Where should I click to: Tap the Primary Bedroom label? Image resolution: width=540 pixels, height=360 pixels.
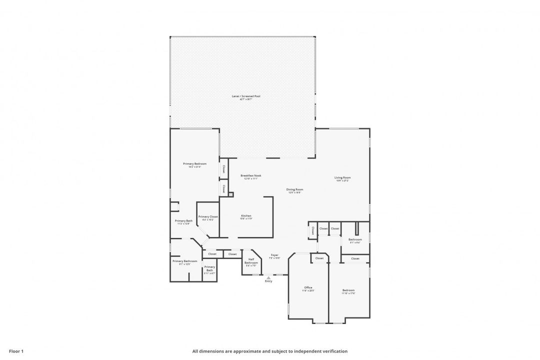[194, 163]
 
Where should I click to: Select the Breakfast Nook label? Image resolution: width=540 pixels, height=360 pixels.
[250, 175]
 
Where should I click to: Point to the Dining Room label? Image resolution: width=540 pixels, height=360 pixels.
[294, 189]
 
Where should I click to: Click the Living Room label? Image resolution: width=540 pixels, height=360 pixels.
[342, 177]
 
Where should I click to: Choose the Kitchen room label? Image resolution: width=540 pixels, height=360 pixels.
[246, 215]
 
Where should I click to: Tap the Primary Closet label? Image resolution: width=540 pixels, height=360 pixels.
[208, 216]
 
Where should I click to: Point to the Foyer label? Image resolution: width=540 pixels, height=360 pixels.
[274, 255]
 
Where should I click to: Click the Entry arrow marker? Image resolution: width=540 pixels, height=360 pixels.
[268, 277]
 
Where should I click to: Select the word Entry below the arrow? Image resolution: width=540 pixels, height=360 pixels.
[268, 281]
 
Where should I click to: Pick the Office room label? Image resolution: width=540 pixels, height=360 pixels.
[308, 287]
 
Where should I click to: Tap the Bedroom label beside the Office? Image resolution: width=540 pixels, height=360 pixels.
[348, 290]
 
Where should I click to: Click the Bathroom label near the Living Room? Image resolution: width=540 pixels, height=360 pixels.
[355, 239]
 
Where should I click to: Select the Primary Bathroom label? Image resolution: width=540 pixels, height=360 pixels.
[185, 261]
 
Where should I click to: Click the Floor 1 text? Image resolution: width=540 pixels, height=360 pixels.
[16, 351]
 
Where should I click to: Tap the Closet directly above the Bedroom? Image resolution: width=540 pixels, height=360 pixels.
[355, 258]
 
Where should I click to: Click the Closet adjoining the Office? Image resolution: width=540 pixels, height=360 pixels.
[319, 258]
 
